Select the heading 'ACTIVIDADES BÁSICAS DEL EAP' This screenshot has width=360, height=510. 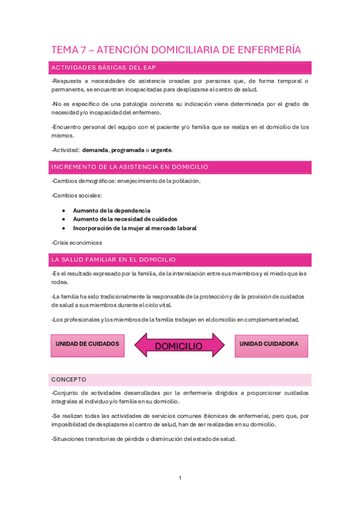pos(104,67)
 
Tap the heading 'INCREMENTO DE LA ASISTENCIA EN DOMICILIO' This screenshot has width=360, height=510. pos(130,166)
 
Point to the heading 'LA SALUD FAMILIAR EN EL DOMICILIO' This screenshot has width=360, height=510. pos(114,259)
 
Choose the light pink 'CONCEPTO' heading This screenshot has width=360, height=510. pos(69,379)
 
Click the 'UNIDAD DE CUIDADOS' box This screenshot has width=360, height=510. pos(87,344)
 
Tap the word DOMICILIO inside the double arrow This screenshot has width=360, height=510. pos(178,346)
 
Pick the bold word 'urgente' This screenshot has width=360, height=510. pos(163,150)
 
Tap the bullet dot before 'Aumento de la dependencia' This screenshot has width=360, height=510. pos(64,210)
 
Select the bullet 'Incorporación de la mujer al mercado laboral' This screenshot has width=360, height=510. pos(135,228)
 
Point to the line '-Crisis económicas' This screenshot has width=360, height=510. pos(77,243)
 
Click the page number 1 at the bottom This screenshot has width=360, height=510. pos(180,478)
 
